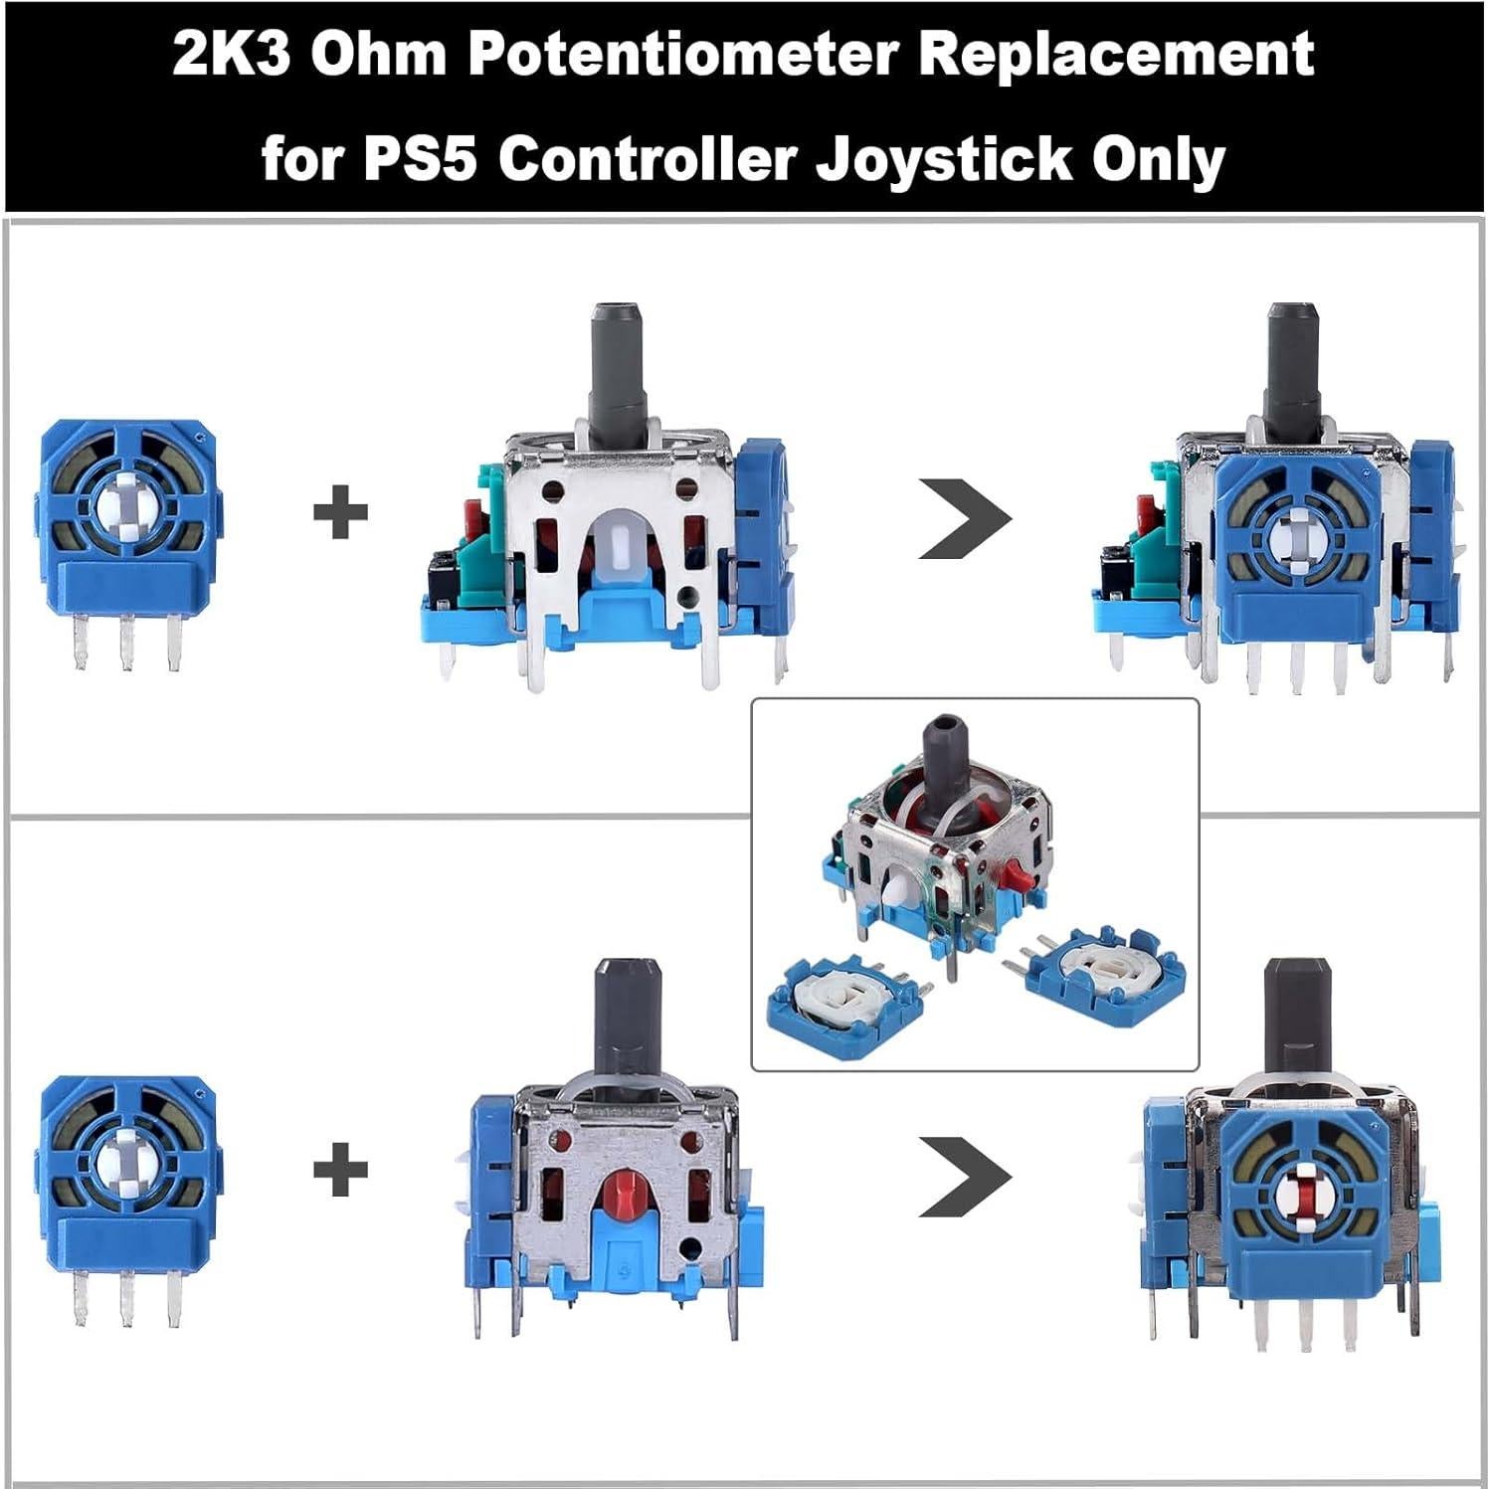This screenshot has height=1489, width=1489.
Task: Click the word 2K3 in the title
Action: (x=231, y=55)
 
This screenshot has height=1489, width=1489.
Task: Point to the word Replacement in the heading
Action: (x=1116, y=55)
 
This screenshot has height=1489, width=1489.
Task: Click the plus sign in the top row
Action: (x=340, y=512)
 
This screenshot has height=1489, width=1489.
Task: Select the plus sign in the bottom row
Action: (x=340, y=1169)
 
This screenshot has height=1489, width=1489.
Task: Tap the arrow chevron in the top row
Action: (x=963, y=517)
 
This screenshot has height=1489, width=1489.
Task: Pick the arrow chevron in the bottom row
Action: (x=963, y=1176)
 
